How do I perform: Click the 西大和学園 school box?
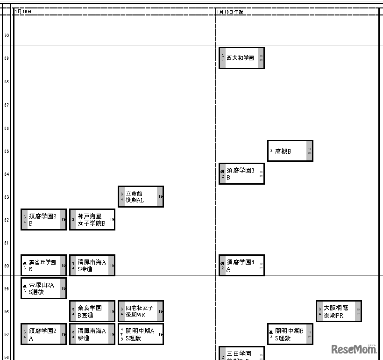tap(241, 58)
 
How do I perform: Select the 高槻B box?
tap(290, 151)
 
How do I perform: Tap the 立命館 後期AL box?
tap(141, 196)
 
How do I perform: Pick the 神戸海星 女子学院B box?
tap(92, 220)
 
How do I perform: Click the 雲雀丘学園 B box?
tap(43, 266)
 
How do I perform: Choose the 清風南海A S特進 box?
tap(92, 266)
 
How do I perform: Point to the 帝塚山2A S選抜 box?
tap(43, 288)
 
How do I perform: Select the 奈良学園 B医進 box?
tap(92, 311)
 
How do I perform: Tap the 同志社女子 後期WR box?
tap(141, 311)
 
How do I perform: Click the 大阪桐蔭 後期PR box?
tap(339, 311)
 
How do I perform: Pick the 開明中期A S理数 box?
tap(141, 334)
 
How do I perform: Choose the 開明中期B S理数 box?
tap(290, 334)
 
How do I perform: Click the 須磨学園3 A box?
tap(241, 266)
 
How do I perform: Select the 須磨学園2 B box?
tap(43, 220)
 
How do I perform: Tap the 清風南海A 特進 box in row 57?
tap(92, 334)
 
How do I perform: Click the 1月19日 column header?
tap(23, 12)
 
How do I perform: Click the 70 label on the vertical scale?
tap(7, 36)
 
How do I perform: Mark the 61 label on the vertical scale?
tap(7, 243)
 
